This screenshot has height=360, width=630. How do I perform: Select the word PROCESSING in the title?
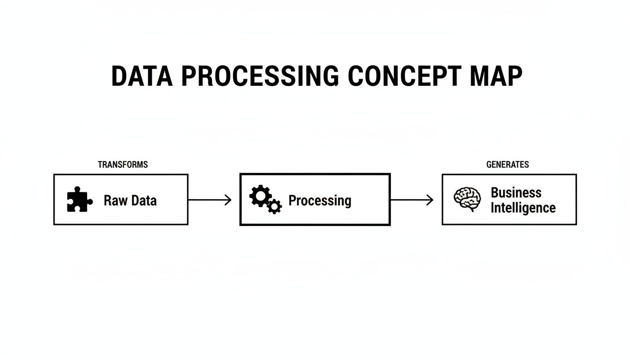pyautogui.click(x=260, y=76)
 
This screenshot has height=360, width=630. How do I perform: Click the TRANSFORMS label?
pyautogui.click(x=123, y=165)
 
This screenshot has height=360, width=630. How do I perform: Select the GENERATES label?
pyautogui.click(x=508, y=165)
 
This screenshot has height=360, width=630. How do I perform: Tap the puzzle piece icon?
pyautogui.click(x=79, y=200)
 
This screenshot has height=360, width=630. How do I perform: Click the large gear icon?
pyautogui.click(x=260, y=196)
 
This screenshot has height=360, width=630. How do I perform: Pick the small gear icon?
pyautogui.click(x=275, y=206)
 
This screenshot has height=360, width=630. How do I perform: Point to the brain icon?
pyautogui.click(x=467, y=199)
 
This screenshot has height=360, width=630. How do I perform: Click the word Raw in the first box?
pyautogui.click(x=112, y=201)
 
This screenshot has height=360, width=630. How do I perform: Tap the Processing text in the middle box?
pyautogui.click(x=320, y=201)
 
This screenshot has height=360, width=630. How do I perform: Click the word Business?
pyautogui.click(x=516, y=193)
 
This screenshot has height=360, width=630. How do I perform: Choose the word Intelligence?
pyautogui.click(x=523, y=208)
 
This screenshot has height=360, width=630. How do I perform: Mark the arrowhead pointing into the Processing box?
pyautogui.click(x=229, y=200)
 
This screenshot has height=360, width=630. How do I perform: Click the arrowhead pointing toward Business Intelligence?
pyautogui.click(x=430, y=200)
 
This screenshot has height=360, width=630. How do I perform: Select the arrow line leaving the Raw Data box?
pyautogui.click(x=206, y=200)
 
